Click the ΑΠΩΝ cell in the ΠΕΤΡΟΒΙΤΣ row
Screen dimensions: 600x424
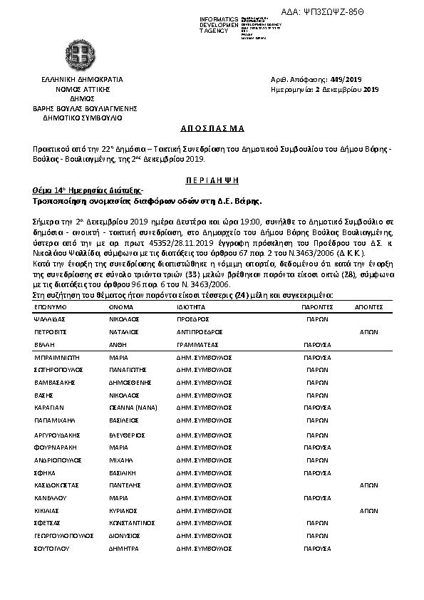tap(368, 332)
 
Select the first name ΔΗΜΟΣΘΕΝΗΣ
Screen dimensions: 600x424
tap(130, 383)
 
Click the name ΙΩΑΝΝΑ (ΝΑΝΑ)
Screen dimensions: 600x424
tap(133, 408)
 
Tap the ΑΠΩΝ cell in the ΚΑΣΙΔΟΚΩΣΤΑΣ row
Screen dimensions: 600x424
tap(368, 484)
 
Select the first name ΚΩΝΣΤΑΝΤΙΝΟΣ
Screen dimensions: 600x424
tap(133, 523)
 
